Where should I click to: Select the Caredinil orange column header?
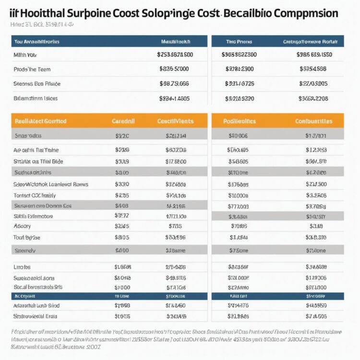[x=123, y=121]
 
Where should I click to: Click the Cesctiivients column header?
[x=175, y=121]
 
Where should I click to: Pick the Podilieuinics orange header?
[x=240, y=121]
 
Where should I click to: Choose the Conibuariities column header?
[x=314, y=121]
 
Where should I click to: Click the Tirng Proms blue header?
[x=239, y=42]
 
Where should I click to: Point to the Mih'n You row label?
[x=25, y=55]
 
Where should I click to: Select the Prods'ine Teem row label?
[x=33, y=69]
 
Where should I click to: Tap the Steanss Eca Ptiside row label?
[x=37, y=84]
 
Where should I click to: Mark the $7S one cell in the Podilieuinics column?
[x=239, y=250]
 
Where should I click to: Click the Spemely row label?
[x=26, y=250]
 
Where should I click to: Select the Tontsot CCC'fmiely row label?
[x=35, y=195]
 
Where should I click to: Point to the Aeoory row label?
[x=22, y=226]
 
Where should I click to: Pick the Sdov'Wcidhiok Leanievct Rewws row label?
[x=51, y=184]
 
